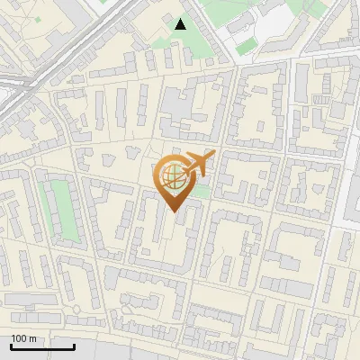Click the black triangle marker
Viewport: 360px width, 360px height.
click(181, 23)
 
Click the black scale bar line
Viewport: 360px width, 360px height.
click(42, 346)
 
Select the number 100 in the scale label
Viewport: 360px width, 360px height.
click(20, 338)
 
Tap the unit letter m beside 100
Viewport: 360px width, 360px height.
click(32, 338)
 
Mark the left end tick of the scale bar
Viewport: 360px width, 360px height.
click(11, 345)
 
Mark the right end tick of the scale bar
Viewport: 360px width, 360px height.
click(74, 345)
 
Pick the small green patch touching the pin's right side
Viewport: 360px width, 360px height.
click(203, 191)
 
